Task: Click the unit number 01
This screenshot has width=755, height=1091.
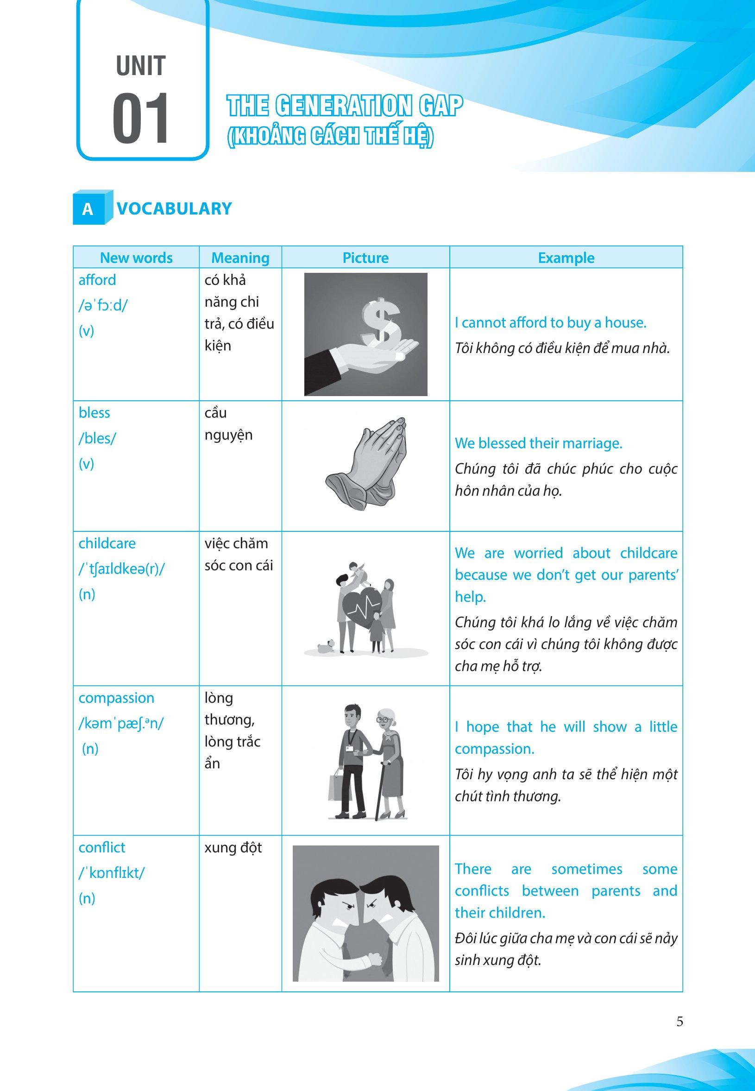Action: click(140, 118)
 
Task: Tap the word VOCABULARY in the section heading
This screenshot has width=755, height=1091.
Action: click(174, 208)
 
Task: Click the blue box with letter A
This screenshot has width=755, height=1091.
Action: click(88, 208)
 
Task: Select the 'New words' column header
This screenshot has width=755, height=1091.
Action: click(136, 258)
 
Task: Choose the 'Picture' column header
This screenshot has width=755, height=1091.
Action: click(365, 258)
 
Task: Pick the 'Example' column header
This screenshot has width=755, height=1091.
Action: click(566, 258)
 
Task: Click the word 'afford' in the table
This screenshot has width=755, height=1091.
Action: click(97, 280)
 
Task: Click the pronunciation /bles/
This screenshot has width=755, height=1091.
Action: click(97, 438)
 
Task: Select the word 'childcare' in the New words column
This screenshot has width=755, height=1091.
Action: click(107, 543)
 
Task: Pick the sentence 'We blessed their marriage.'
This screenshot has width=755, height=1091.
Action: click(538, 443)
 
